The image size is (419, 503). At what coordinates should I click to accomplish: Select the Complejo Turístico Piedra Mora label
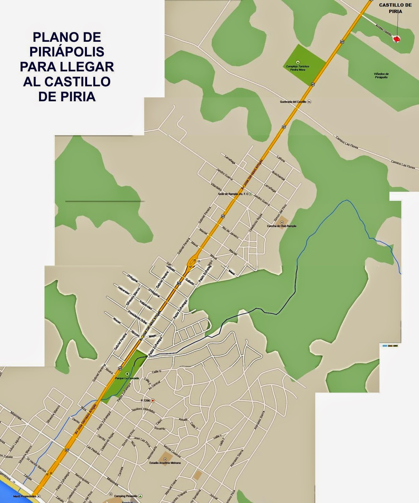298,68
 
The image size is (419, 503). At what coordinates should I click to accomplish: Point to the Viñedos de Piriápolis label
381,75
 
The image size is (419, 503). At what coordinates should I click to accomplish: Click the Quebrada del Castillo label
293,102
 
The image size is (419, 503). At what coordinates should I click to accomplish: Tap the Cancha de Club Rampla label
282,226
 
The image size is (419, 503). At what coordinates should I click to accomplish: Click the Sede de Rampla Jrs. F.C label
233,194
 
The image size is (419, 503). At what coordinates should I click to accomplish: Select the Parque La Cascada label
127,378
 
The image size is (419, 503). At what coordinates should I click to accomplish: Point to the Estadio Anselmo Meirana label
165,462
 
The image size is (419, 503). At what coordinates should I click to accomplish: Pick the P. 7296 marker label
145,401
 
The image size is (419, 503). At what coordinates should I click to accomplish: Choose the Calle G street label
156,371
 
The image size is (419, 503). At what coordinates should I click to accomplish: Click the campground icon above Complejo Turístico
298,62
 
